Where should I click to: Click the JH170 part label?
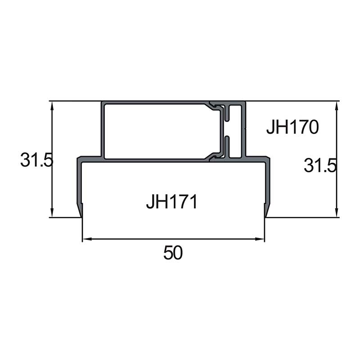tap(292, 127)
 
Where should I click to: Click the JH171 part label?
tap(172, 202)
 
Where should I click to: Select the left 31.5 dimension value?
tap(37, 160)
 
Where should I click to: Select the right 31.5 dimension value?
tap(320, 165)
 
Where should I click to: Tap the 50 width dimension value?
tap(173, 252)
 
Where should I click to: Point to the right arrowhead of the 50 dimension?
tap(260, 239)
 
